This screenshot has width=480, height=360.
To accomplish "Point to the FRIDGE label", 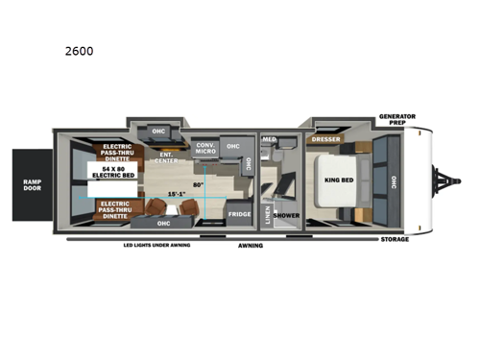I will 238,215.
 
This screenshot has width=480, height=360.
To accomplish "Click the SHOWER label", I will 286,215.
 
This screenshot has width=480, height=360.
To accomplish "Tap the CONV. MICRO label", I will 204,148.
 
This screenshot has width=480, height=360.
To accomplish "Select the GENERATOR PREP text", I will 396,120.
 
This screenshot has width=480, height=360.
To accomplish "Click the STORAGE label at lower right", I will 394,239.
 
